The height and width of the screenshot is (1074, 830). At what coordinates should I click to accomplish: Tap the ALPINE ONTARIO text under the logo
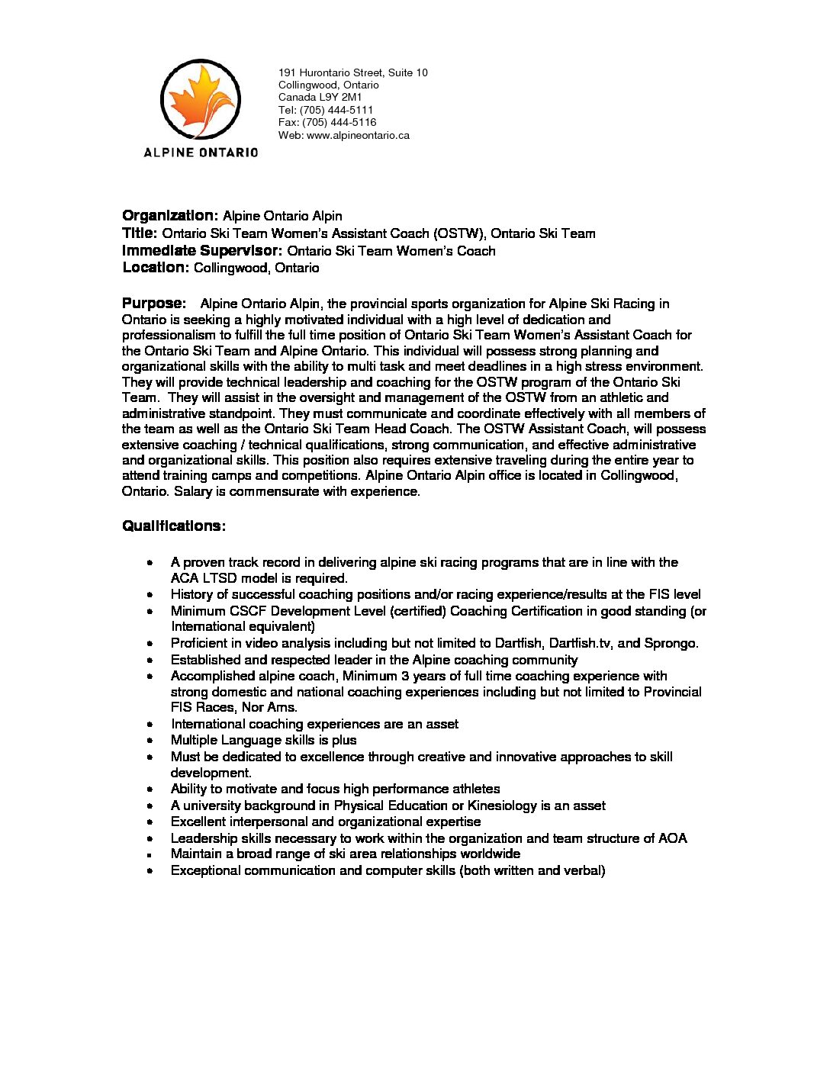click(201, 153)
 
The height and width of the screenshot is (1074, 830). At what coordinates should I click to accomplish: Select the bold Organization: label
click(170, 216)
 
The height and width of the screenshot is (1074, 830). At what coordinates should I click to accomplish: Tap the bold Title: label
click(140, 233)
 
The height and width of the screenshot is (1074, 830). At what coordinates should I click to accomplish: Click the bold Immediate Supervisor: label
click(202, 251)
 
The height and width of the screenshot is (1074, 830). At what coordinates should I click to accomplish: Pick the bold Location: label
click(156, 268)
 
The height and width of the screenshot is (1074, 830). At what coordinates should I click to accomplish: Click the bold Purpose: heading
click(154, 304)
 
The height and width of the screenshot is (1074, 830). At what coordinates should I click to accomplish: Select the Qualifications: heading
click(174, 526)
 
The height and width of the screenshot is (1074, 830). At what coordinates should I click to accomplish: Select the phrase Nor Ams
click(269, 707)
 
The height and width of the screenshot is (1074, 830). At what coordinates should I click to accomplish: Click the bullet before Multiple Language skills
click(152, 741)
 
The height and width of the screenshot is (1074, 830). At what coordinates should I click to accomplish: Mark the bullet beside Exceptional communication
click(152, 871)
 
